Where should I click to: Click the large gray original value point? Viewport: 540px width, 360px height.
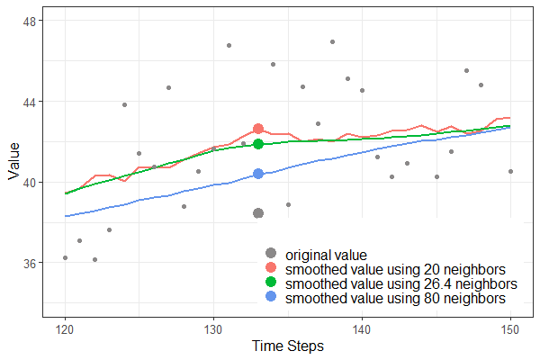click(x=258, y=213)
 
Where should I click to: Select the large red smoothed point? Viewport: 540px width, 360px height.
click(x=258, y=130)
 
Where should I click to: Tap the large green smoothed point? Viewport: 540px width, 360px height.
click(x=258, y=144)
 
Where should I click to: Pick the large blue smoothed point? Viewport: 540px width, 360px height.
click(x=258, y=174)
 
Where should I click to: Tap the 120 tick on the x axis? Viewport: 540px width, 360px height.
click(x=65, y=328)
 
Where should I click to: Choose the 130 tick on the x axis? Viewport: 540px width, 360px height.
click(x=213, y=328)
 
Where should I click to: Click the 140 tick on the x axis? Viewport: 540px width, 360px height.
click(x=362, y=328)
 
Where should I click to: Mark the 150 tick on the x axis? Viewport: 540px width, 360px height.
click(x=510, y=328)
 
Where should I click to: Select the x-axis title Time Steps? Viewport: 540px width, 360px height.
click(x=287, y=346)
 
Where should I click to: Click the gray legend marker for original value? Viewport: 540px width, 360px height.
click(x=271, y=254)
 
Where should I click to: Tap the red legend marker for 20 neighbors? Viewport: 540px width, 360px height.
click(x=271, y=268)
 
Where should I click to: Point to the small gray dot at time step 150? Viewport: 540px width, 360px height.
click(x=510, y=171)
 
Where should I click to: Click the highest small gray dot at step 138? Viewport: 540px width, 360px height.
click(x=332, y=41)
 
